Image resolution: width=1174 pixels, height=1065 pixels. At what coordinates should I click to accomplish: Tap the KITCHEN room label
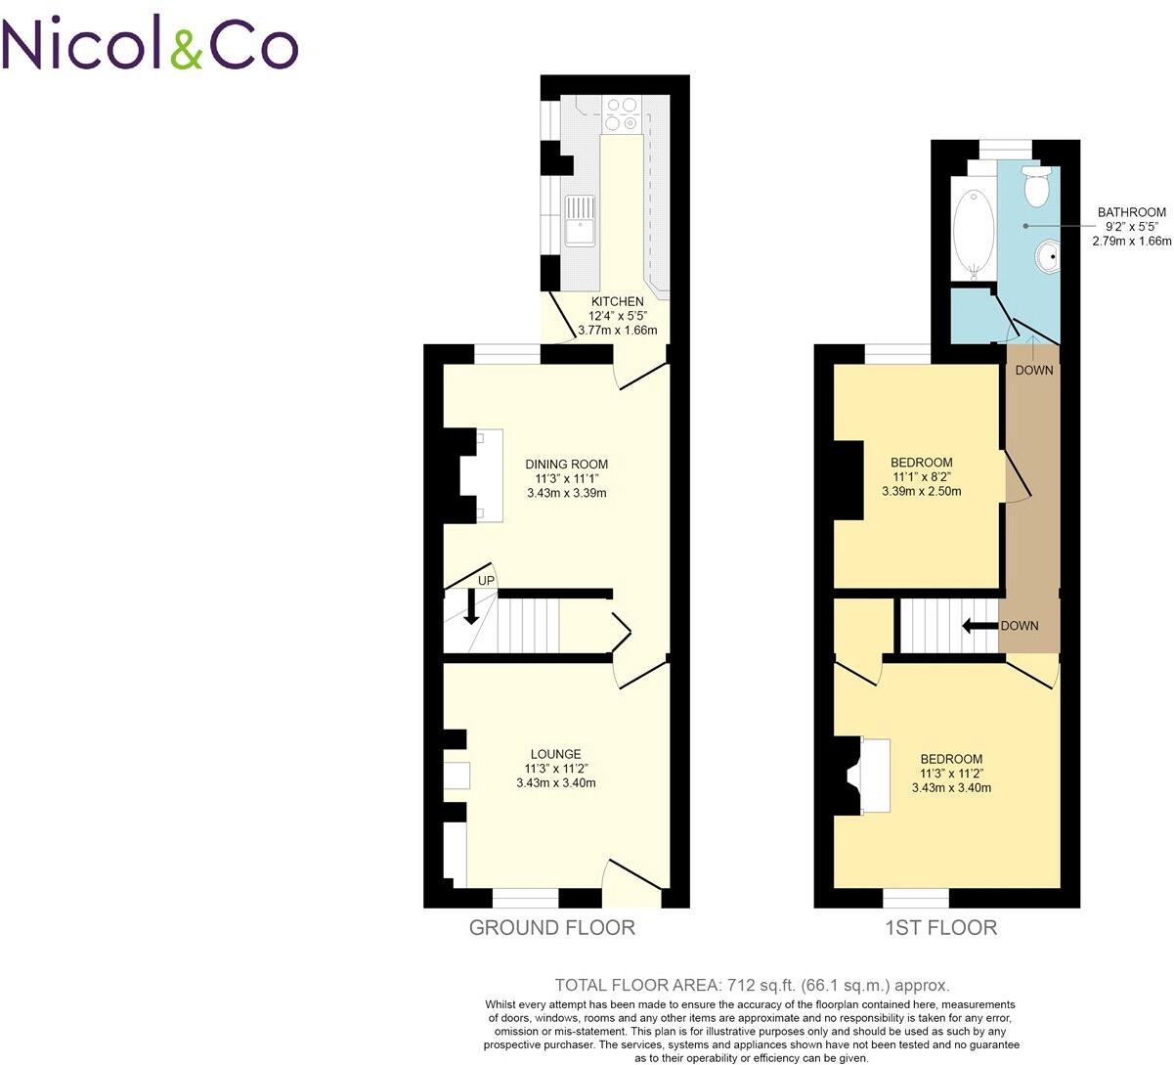pyautogui.click(x=617, y=301)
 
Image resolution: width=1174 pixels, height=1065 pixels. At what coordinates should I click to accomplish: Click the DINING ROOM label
pyautogui.click(x=566, y=464)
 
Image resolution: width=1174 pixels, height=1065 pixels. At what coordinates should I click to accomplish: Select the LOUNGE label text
pyautogui.click(x=555, y=754)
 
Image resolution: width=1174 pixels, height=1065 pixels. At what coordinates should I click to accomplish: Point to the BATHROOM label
pyautogui.click(x=1131, y=212)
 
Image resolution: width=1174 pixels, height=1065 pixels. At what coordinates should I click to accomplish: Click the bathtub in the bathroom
pyautogui.click(x=973, y=231)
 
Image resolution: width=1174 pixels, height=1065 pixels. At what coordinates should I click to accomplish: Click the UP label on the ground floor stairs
pyautogui.click(x=486, y=581)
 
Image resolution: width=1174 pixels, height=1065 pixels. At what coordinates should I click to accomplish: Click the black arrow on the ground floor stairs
pyautogui.click(x=471, y=607)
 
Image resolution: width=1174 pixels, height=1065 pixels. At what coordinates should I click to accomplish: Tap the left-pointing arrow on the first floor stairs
pyautogui.click(x=978, y=626)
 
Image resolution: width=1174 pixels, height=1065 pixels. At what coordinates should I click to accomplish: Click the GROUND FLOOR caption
pyautogui.click(x=551, y=928)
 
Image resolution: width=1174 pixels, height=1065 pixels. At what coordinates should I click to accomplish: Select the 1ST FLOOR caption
pyautogui.click(x=940, y=928)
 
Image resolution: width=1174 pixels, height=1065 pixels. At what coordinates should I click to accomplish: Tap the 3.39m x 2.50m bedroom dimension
pyautogui.click(x=921, y=491)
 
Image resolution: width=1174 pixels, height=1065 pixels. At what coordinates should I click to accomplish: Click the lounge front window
pyautogui.click(x=525, y=895)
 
